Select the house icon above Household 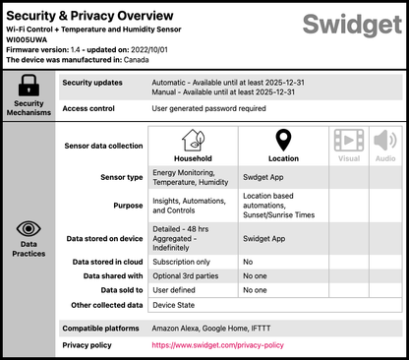(x=193, y=141)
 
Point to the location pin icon (x=283, y=141)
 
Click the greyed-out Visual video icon (x=349, y=141)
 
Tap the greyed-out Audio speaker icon (x=384, y=141)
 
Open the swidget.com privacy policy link (x=217, y=345)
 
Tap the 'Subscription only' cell (x=183, y=263)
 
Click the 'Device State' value (x=176, y=305)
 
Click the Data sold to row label (x=116, y=290)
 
